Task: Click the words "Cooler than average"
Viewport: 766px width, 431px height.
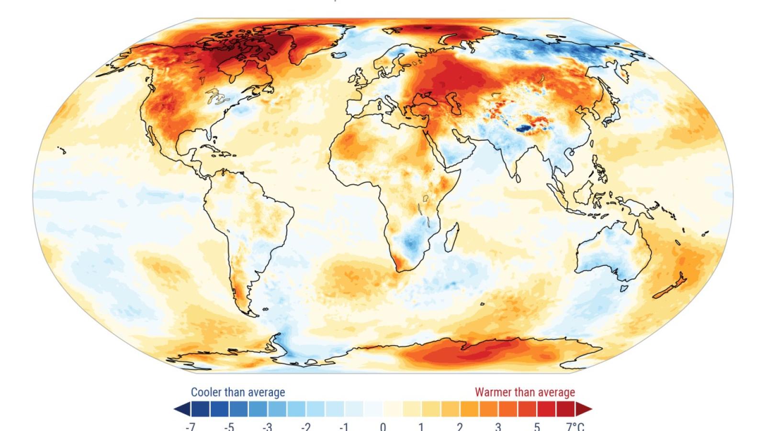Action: (238, 392)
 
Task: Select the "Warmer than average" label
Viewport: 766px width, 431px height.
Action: (525, 392)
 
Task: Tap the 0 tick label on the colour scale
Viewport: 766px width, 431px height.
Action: (383, 426)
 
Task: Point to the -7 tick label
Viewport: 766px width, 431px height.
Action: (190, 426)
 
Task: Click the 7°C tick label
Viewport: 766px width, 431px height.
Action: (575, 426)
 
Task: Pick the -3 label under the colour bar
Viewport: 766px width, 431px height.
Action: (267, 426)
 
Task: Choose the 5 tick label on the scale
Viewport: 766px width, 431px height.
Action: (537, 426)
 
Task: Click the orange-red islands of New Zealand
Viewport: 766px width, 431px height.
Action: (670, 287)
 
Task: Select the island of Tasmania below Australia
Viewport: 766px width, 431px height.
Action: (624, 288)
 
